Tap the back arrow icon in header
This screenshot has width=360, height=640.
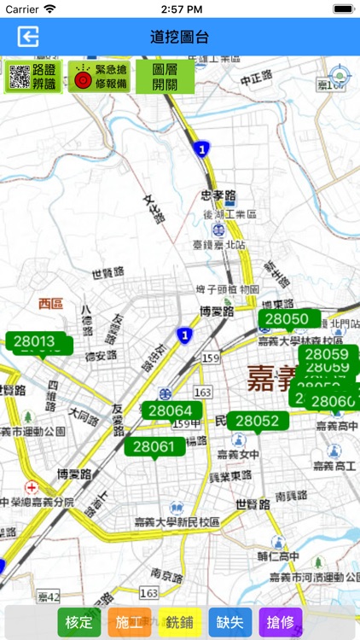click(29, 37)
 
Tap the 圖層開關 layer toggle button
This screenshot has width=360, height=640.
click(165, 77)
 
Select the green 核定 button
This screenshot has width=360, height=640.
click(78, 622)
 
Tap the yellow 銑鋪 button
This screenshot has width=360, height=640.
click(179, 622)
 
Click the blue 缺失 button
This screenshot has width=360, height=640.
click(230, 622)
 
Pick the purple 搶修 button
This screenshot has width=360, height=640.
click(281, 622)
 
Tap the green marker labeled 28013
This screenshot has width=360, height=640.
click(34, 342)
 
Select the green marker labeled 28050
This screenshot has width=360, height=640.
click(287, 320)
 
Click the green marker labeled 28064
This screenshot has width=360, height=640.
click(170, 410)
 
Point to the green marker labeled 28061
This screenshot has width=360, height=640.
click(154, 446)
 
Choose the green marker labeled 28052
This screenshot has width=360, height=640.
click(258, 421)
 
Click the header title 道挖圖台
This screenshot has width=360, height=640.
click(179, 37)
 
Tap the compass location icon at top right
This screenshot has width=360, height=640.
click(340, 75)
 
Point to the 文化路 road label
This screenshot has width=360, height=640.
click(154, 209)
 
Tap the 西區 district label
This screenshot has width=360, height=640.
click(51, 303)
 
